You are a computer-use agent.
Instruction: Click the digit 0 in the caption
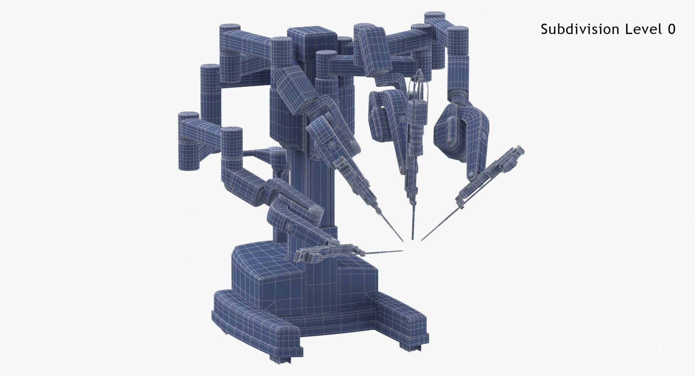pos(671,29)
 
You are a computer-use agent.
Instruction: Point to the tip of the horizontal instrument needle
pos(402,250)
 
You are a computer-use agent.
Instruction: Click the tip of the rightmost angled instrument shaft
pos(422,240)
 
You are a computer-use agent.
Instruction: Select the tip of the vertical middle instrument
pos(412,238)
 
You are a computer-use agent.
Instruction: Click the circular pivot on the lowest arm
pos(290,227)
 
